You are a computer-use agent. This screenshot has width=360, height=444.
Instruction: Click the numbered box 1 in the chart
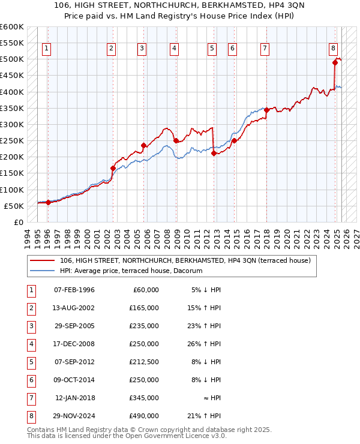[47, 49]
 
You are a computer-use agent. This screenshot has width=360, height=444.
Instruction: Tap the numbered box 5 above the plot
[212, 49]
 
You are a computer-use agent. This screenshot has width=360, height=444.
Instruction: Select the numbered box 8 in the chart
[333, 49]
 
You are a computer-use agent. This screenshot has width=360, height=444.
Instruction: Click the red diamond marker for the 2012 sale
[214, 154]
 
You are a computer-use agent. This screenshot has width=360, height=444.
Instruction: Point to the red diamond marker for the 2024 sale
[335, 62]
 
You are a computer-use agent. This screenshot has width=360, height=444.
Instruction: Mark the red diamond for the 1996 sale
[48, 202]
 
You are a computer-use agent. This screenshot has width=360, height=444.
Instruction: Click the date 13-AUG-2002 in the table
[74, 308]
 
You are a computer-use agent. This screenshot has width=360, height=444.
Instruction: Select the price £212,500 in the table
[143, 362]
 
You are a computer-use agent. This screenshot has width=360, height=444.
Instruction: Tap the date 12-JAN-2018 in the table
[74, 398]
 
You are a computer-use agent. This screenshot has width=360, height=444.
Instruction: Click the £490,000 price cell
[143, 416]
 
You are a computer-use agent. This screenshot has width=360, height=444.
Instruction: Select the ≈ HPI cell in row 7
[211, 398]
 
